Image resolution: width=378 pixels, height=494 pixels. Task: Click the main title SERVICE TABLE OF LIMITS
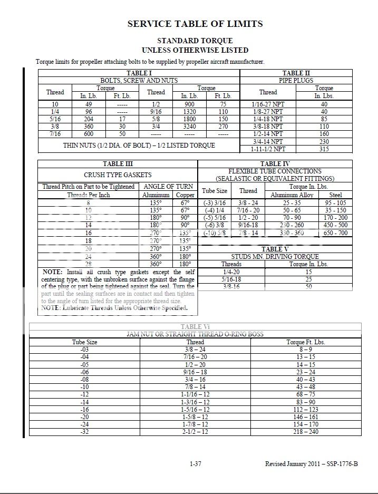pyautogui.click(x=195, y=24)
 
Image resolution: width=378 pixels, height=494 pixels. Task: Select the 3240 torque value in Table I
pyautogui.click(x=189, y=127)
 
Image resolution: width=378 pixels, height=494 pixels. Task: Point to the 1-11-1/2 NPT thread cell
pyautogui.click(x=268, y=149)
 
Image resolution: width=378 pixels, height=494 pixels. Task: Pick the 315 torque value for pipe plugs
pyautogui.click(x=324, y=149)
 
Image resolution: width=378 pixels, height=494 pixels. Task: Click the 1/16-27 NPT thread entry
pyautogui.click(x=268, y=104)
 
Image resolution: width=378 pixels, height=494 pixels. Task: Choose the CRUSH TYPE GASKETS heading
pyautogui.click(x=118, y=175)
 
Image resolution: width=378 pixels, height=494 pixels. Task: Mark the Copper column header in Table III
pyautogui.click(x=185, y=195)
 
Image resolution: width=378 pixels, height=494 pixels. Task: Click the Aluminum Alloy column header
pyautogui.click(x=292, y=195)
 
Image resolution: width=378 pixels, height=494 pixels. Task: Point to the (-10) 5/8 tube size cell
pyautogui.click(x=215, y=233)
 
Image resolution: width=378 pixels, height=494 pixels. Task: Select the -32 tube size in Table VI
pyautogui.click(x=84, y=431)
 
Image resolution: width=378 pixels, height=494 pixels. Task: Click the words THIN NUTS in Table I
pyautogui.click(x=80, y=145)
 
